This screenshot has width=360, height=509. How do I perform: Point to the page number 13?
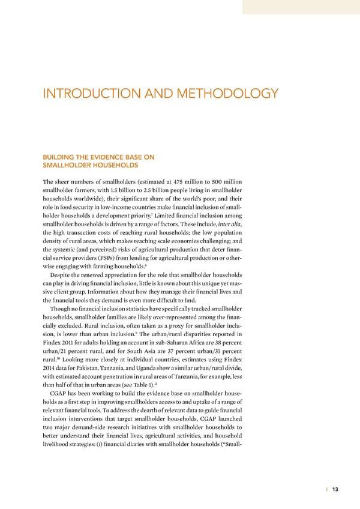click(x=335, y=489)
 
